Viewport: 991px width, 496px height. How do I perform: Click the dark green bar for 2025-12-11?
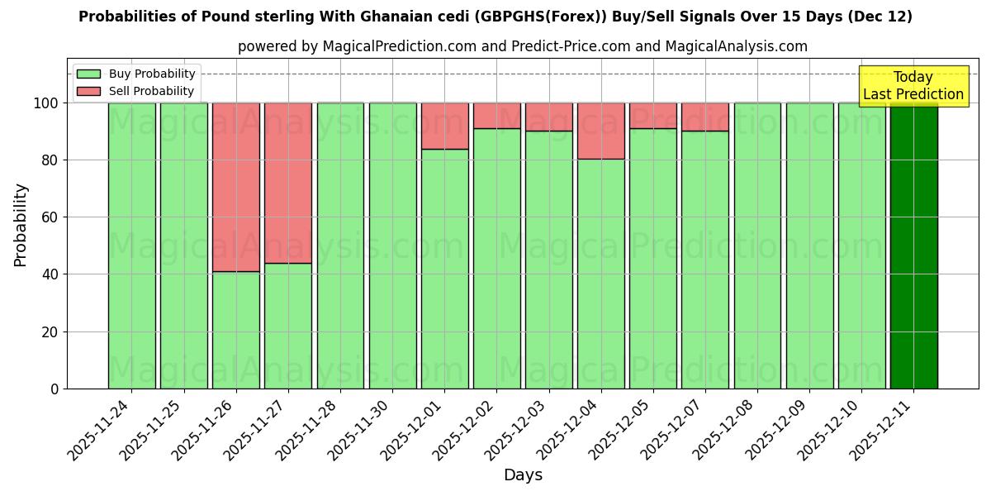pyautogui.click(x=913, y=246)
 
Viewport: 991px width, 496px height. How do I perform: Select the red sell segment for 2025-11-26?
pyautogui.click(x=235, y=187)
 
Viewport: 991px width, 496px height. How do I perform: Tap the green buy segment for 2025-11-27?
pyautogui.click(x=288, y=326)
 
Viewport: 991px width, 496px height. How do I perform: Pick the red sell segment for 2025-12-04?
pyautogui.click(x=600, y=131)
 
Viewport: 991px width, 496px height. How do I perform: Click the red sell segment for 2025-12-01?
pyautogui.click(x=444, y=126)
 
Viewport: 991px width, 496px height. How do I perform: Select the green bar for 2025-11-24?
pyautogui.click(x=131, y=246)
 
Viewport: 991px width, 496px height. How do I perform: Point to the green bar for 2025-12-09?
pyautogui.click(x=809, y=246)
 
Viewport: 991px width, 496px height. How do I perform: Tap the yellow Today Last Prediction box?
pyautogui.click(x=913, y=86)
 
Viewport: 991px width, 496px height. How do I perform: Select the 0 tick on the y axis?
pyautogui.click(x=55, y=389)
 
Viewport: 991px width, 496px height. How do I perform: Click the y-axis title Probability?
pyautogui.click(x=21, y=225)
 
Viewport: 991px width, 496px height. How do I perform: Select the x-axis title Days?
pyautogui.click(x=523, y=475)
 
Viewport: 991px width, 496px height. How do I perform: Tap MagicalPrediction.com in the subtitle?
pyautogui.click(x=396, y=46)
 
